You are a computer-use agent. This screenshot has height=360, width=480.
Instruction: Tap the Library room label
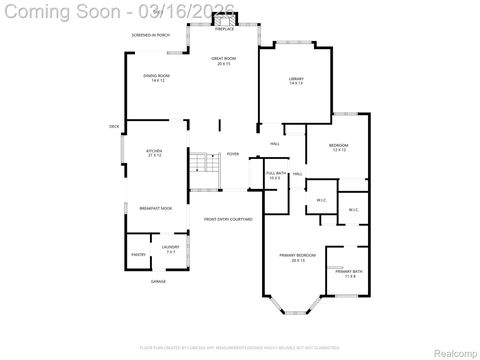[296, 81]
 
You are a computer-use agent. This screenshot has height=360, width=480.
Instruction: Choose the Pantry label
[138, 254]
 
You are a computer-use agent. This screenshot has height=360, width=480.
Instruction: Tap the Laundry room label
[169, 249]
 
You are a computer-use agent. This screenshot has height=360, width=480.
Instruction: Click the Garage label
[158, 282]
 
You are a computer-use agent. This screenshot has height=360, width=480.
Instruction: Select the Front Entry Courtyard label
[228, 219]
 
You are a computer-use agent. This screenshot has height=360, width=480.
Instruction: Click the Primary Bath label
[349, 273]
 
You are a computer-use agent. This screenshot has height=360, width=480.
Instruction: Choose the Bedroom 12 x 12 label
[338, 148]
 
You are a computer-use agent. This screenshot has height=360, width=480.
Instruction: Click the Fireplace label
[223, 29]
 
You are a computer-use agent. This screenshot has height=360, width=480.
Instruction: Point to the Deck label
[114, 126]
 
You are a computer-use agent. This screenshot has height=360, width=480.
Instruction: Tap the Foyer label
[232, 154]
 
